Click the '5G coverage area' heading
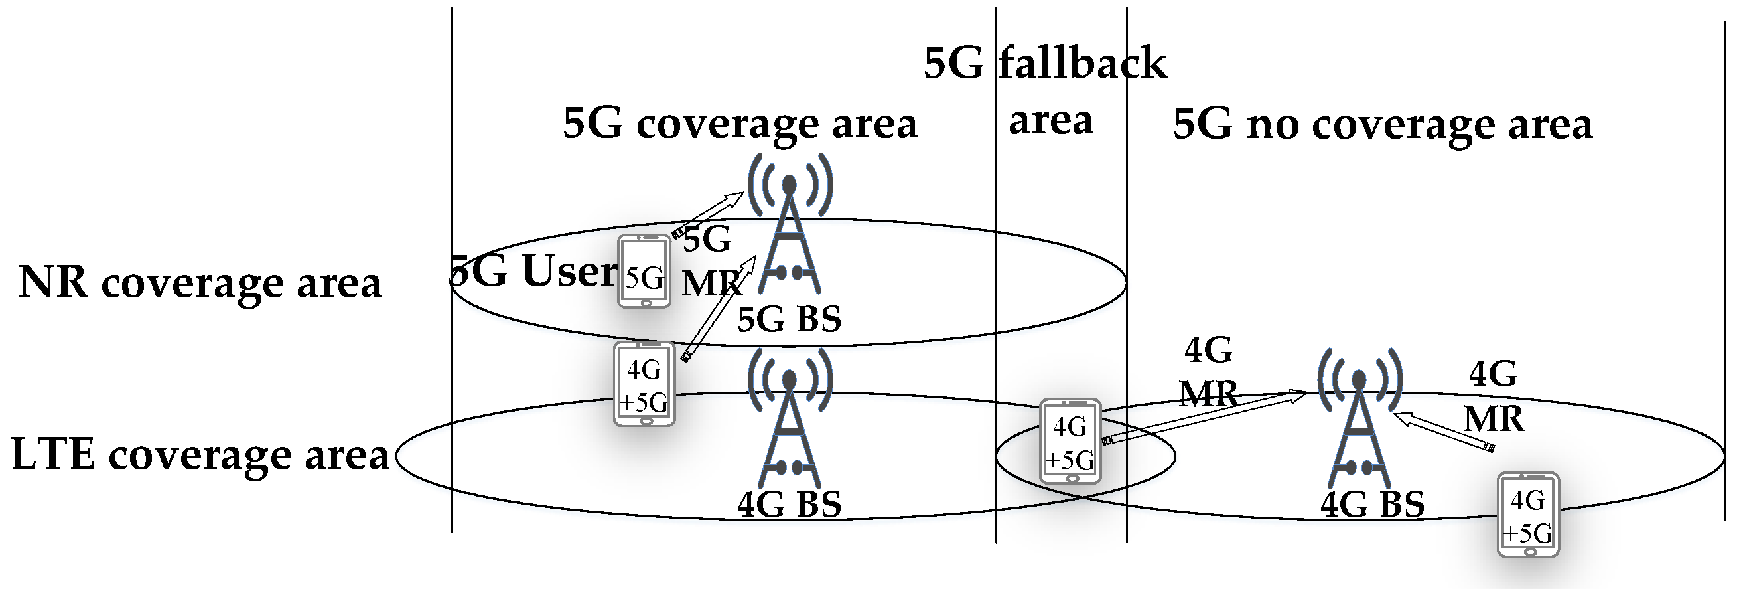(x=740, y=124)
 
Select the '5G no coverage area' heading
(x=1382, y=126)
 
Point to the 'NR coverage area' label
(x=200, y=282)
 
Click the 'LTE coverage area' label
(x=200, y=455)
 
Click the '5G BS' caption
(x=789, y=319)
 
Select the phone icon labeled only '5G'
(x=644, y=272)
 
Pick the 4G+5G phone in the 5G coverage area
(x=644, y=384)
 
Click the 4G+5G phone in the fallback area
(x=1070, y=442)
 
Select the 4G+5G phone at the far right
(x=1528, y=515)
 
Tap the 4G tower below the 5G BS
(x=790, y=420)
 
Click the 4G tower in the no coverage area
(x=1360, y=420)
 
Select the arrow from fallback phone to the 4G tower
(x=1204, y=418)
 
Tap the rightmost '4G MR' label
(x=1494, y=396)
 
